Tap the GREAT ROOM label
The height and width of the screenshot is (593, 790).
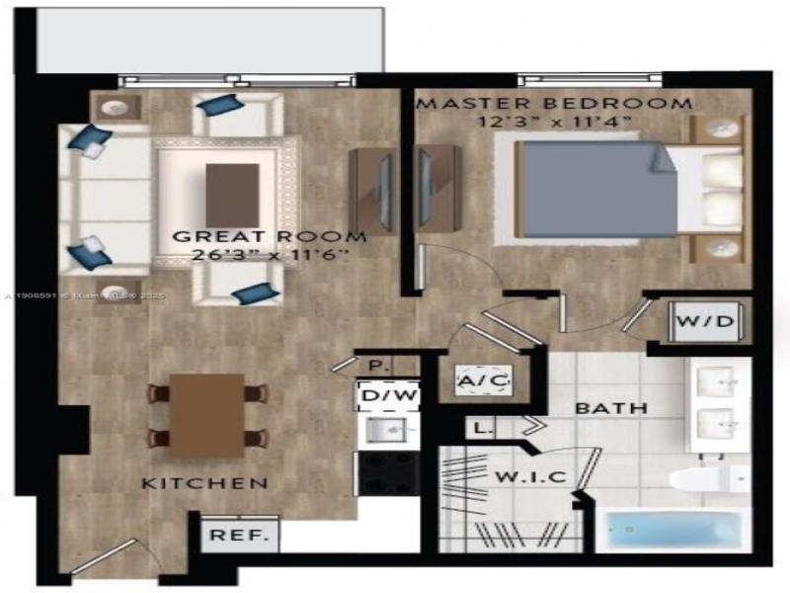[x=270, y=237]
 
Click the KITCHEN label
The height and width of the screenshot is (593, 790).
[x=204, y=483]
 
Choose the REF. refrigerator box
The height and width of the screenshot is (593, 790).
[x=227, y=537]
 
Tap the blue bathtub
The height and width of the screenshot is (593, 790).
[x=671, y=532]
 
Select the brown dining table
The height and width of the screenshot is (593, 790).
[x=206, y=414]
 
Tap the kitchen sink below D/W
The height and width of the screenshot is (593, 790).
[x=386, y=430]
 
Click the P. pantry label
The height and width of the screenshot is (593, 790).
[x=374, y=365]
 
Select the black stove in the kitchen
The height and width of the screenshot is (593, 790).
[x=386, y=473]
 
